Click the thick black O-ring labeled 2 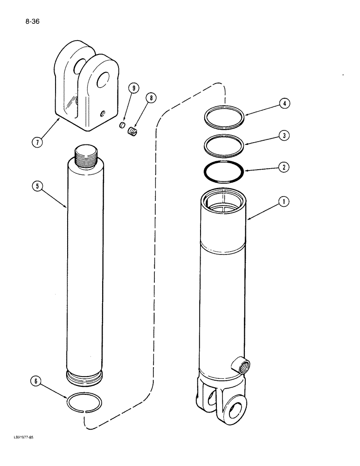[224, 172]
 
